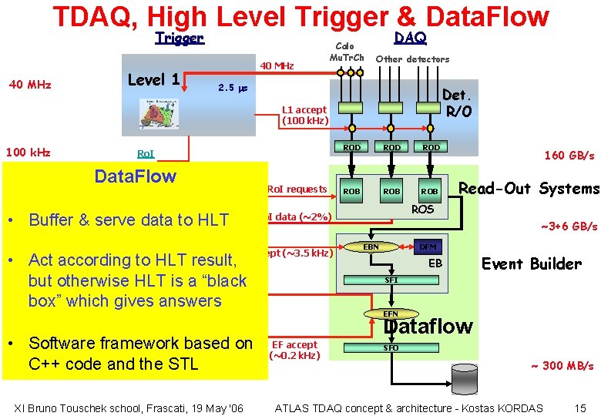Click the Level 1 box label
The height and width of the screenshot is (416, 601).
click(154, 79)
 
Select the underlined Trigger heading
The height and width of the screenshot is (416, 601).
click(179, 38)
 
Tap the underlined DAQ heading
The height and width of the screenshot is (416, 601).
click(410, 37)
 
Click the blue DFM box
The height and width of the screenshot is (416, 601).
click(428, 247)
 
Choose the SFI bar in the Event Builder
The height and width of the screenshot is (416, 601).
click(391, 280)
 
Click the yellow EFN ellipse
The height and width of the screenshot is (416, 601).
click(391, 314)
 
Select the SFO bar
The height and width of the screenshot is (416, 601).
click(391, 348)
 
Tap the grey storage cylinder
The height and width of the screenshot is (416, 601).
click(459, 374)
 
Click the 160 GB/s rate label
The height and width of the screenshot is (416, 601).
click(569, 156)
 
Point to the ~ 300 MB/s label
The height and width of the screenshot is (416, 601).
click(562, 366)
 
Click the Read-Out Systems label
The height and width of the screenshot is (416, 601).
click(529, 189)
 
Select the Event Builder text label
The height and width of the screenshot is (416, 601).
click(531, 263)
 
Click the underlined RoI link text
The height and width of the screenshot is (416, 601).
click(145, 153)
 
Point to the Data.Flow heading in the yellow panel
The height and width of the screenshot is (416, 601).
click(135, 176)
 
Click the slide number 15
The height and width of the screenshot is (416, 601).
click(580, 408)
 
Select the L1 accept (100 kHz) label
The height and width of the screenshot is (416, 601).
click(305, 115)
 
